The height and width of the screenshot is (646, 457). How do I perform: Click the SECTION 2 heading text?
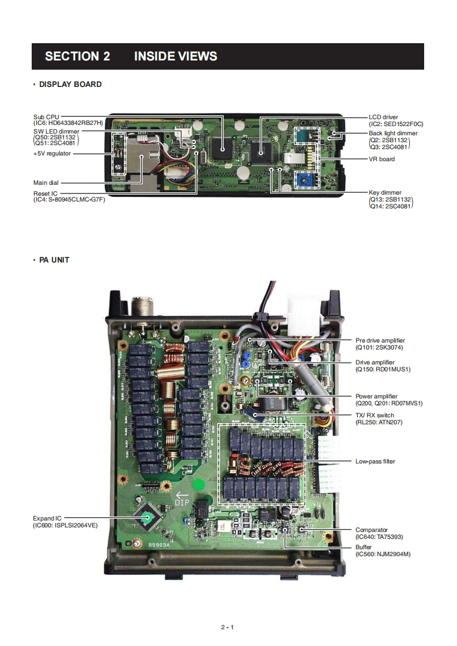pos(77,56)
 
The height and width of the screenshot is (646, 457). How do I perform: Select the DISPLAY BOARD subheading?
pos(70,85)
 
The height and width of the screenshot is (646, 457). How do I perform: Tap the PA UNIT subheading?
pos(54,260)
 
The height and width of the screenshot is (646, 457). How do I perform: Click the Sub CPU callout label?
pos(46,117)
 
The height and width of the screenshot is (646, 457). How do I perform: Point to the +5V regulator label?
pos(52,154)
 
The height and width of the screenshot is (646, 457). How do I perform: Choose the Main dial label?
pos(46,183)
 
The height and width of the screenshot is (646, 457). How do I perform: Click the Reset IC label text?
pos(46,193)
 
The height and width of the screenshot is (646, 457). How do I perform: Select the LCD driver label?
pos(383,117)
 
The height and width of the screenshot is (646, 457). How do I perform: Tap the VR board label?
pos(382,159)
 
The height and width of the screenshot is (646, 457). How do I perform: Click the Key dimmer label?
pos(385,192)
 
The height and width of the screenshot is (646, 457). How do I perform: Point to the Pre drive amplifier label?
pos(380,340)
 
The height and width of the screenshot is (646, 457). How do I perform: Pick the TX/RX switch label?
pos(375,415)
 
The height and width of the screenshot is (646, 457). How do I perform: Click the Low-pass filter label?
pos(375,461)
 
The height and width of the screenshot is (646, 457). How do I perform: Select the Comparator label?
pos(372,530)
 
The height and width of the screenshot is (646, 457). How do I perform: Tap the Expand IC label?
pos(47,518)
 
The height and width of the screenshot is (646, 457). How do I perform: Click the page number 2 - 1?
pos(227,627)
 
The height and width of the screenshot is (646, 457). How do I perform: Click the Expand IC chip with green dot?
pos(148,518)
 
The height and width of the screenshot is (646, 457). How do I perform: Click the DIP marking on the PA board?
pos(182,502)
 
